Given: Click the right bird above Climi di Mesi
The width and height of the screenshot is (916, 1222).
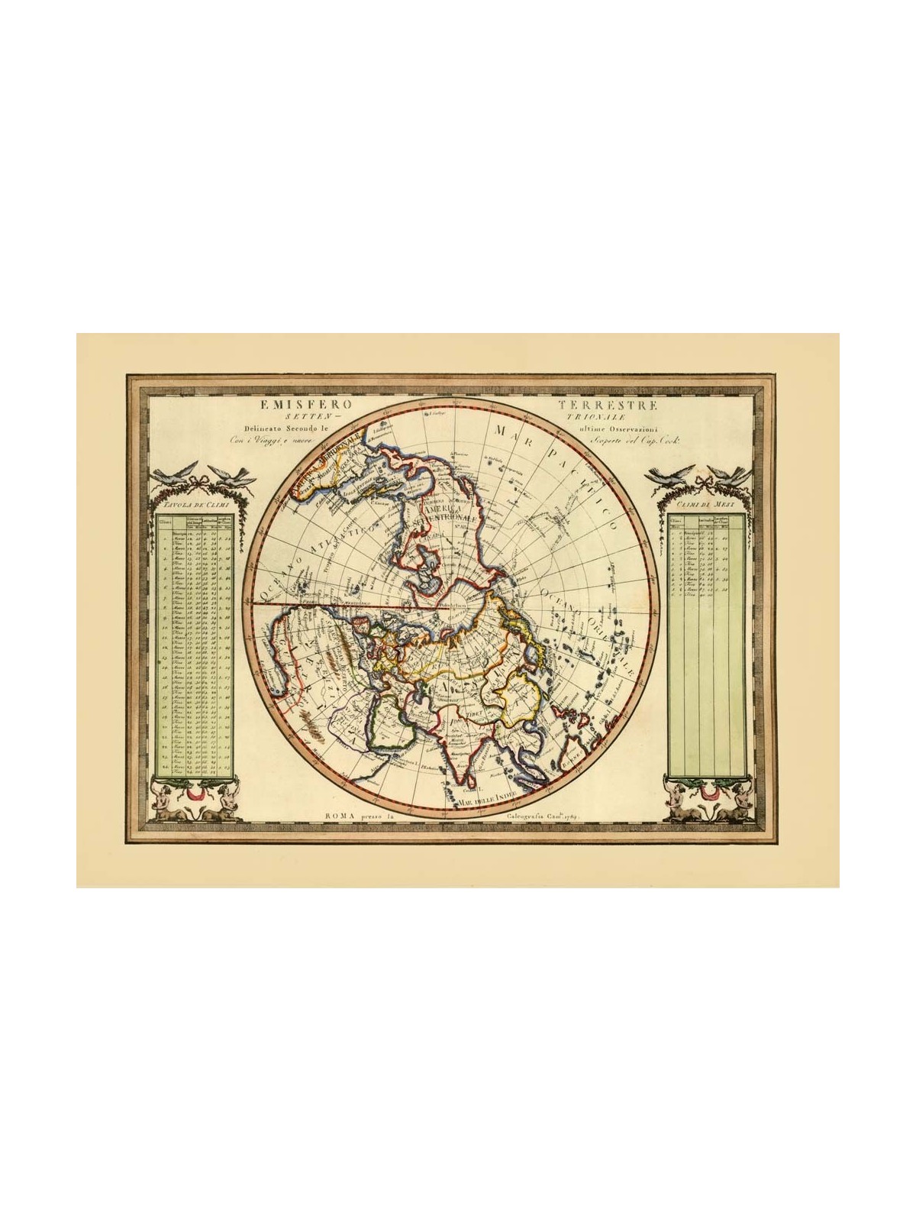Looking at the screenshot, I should pyautogui.click(x=731, y=476).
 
